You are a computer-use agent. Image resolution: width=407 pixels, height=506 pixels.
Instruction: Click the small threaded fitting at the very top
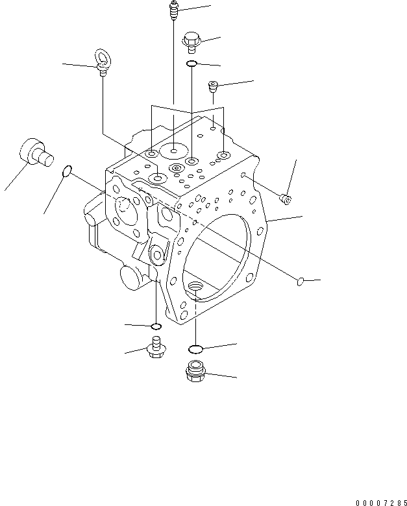click(x=173, y=11)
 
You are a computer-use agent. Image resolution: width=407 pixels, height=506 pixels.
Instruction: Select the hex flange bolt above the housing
click(x=191, y=41)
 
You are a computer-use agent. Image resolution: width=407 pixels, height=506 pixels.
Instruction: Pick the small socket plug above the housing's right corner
click(x=214, y=86)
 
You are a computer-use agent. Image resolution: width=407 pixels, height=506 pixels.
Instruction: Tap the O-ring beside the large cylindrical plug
click(x=66, y=172)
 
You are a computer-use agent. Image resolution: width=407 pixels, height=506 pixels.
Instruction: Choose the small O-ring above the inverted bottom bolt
click(x=155, y=326)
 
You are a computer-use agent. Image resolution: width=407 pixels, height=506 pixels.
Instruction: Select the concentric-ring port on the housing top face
click(x=175, y=169)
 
